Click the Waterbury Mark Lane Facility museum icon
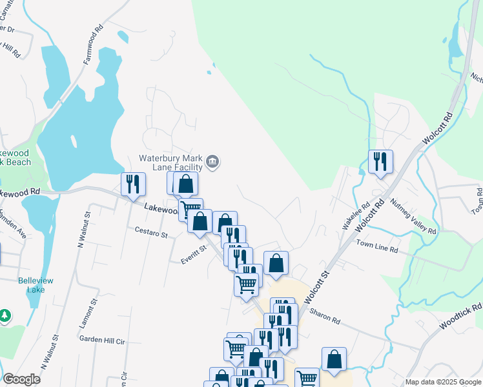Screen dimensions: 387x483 pyautogui.click(x=213, y=161)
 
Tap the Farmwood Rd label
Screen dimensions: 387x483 pyautogui.click(x=93, y=45)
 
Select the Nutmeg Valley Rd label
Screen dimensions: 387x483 pyautogui.click(x=414, y=217)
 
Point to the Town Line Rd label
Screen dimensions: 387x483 pyautogui.click(x=377, y=248)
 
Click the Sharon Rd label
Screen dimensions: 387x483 pyautogui.click(x=325, y=315)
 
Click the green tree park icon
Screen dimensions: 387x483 pyautogui.click(x=5, y=316)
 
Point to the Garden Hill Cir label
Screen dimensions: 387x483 pyautogui.click(x=100, y=339)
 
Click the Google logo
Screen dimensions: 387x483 pyautogui.click(x=21, y=379)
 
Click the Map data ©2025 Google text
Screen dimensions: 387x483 pyautogui.click(x=442, y=382)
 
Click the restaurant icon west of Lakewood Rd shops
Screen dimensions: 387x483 pyautogui.click(x=133, y=184)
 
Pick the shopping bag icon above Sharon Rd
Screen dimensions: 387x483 pyautogui.click(x=276, y=264)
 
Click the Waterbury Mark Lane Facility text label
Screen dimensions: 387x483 pyautogui.click(x=171, y=163)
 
